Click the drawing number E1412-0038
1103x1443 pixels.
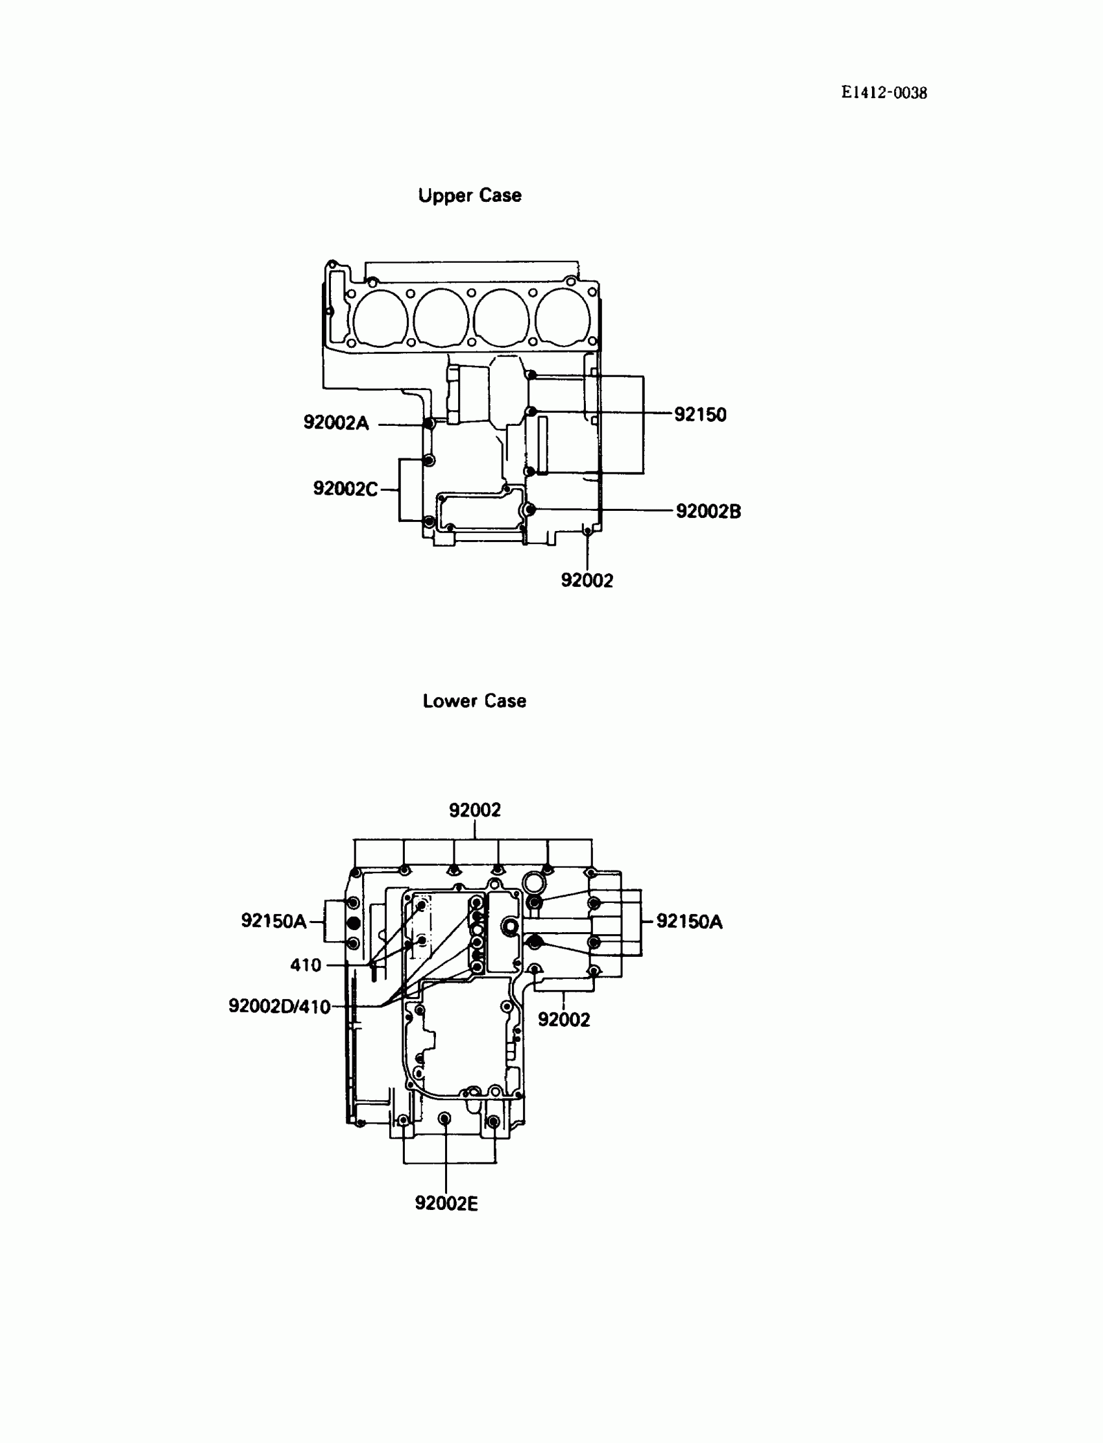click(x=884, y=93)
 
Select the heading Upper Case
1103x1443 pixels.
click(x=470, y=196)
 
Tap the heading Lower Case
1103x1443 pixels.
click(x=474, y=701)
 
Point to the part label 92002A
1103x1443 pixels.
click(x=335, y=423)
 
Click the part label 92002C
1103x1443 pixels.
click(x=345, y=489)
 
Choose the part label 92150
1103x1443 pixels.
click(x=700, y=414)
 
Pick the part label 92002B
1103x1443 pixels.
click(x=708, y=511)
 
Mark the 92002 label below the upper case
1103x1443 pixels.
click(x=587, y=580)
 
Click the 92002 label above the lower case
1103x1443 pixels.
click(x=475, y=810)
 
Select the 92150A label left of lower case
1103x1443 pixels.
click(x=274, y=921)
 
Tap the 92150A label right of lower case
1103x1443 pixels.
click(x=688, y=922)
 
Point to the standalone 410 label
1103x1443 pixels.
click(x=306, y=965)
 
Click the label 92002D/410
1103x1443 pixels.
click(x=279, y=1006)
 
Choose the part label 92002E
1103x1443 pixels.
click(x=446, y=1203)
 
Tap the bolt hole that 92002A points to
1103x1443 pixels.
click(x=428, y=424)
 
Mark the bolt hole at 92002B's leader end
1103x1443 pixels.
click(x=531, y=510)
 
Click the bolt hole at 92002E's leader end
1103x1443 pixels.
click(x=444, y=1118)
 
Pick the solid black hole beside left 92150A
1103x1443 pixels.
click(x=353, y=923)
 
